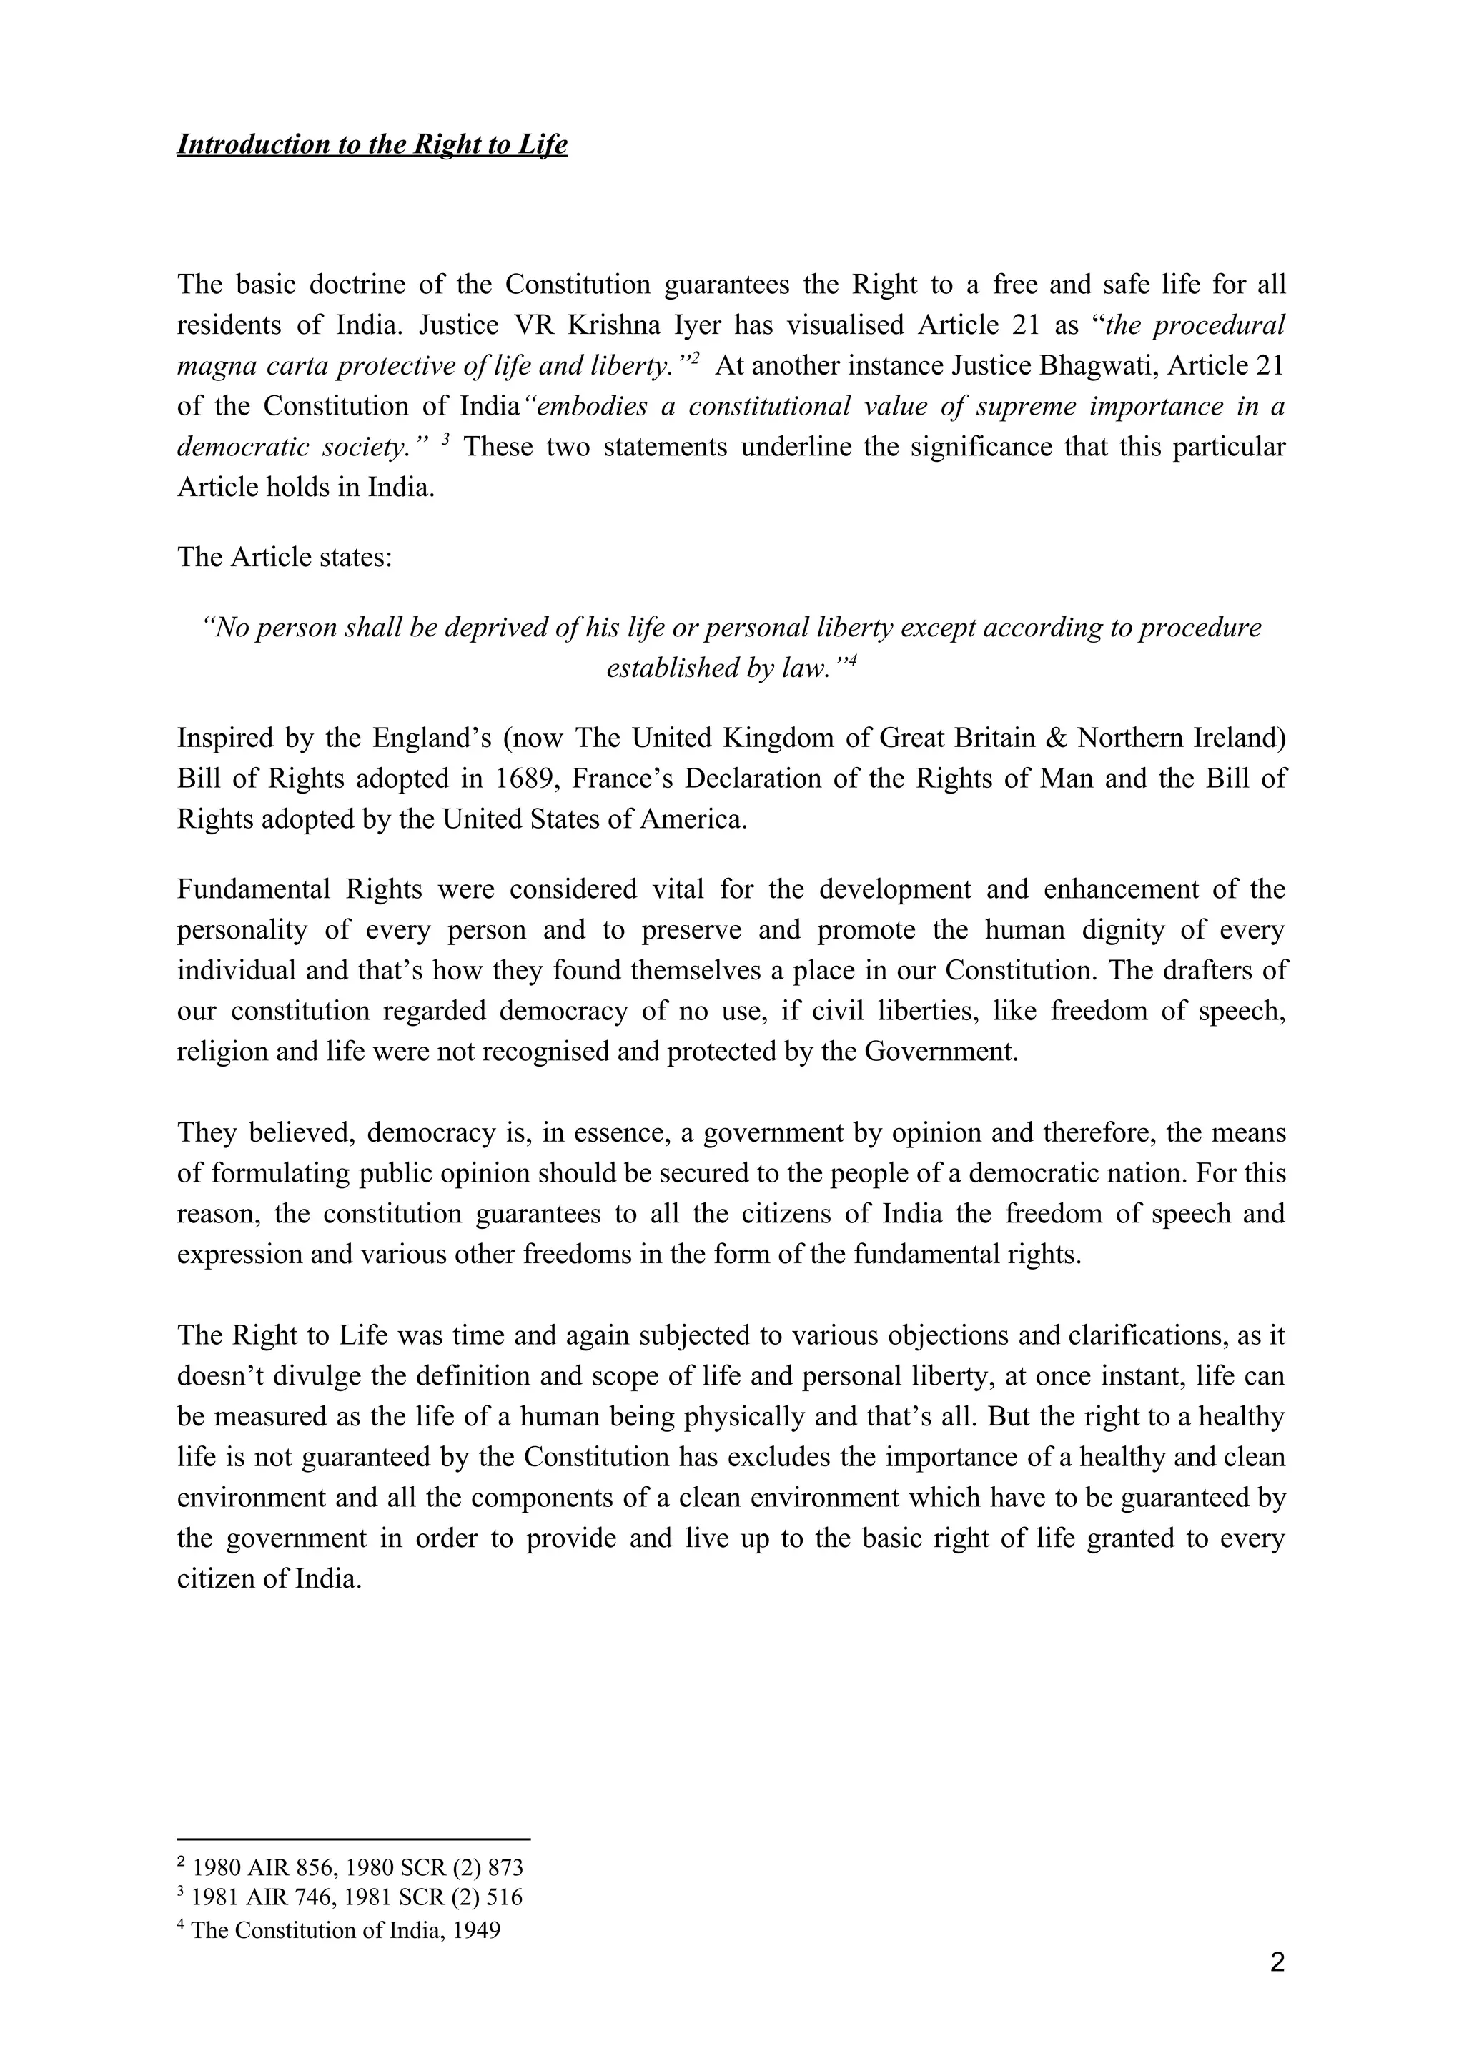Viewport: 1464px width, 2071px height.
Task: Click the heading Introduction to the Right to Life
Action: click(x=372, y=144)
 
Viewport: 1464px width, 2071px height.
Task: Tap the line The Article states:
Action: click(x=284, y=557)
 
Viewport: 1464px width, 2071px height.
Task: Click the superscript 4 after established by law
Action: click(x=851, y=661)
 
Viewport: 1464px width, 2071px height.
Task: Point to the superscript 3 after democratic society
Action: click(x=445, y=441)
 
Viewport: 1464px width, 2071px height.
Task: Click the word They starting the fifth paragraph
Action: click(x=206, y=1133)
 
